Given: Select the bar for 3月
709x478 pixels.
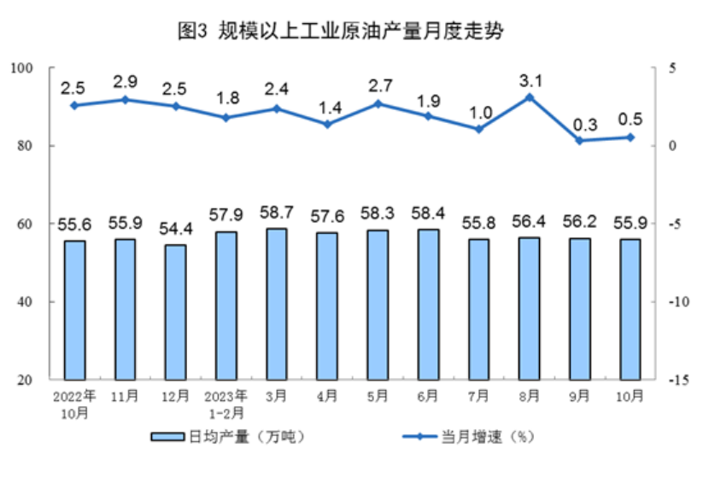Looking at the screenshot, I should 276,304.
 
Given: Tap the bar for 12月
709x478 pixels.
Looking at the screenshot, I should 175,312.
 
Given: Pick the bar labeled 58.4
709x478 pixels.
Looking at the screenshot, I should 428,304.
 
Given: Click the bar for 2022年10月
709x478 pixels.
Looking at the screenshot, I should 74,310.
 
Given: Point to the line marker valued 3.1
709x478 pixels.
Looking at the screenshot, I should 529,97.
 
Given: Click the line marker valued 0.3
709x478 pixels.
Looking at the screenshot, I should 579,141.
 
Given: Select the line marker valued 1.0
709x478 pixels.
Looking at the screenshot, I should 478,130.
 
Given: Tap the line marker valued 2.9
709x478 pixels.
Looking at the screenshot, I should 125,100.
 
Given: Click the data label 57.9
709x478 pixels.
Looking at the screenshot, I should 226,214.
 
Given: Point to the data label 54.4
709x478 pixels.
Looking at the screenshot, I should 175,228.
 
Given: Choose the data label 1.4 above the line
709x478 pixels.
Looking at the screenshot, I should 327,108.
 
